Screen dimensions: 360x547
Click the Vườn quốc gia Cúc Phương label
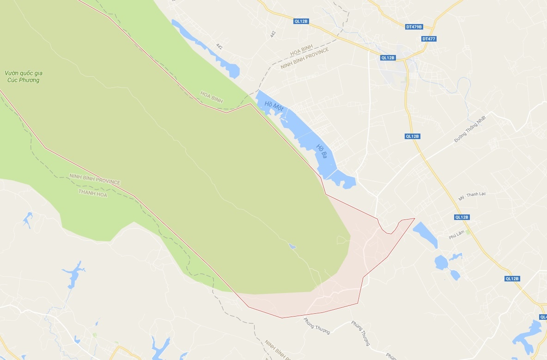coord(22,77)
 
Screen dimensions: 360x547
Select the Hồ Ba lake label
coord(322,151)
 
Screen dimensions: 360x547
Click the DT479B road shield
coord(414,27)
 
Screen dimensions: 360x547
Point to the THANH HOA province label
coord(93,195)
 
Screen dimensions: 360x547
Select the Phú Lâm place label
coord(456,237)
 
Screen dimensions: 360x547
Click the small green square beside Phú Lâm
coord(468,232)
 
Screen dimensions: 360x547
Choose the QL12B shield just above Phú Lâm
coord(462,217)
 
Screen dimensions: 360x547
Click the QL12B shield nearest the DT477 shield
coord(388,58)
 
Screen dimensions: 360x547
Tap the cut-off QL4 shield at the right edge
coord(543,317)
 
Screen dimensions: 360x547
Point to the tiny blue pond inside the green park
coord(292,247)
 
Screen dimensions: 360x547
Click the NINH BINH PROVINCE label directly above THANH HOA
coord(95,179)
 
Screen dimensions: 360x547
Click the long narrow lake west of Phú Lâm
coord(425,234)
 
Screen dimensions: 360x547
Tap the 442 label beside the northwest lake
coord(219,46)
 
